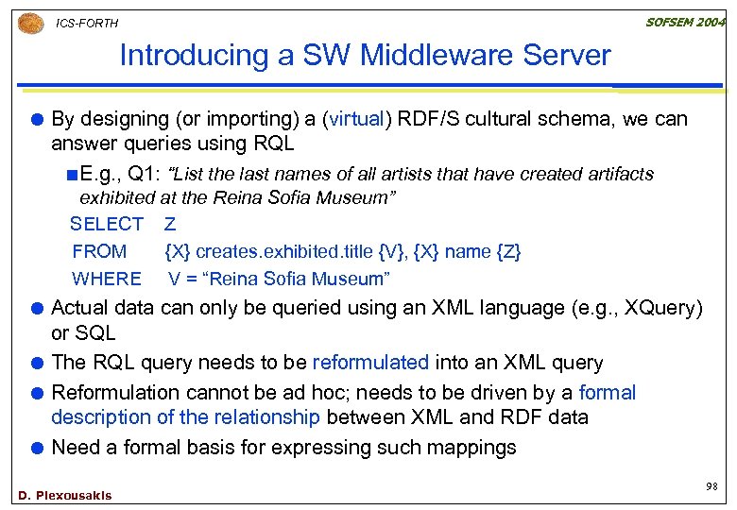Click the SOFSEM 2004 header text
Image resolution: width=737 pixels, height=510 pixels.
point(685,22)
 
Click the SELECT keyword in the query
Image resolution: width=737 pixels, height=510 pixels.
point(107,225)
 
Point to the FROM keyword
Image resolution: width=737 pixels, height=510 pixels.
point(99,252)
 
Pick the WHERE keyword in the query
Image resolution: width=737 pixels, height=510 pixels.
point(107,280)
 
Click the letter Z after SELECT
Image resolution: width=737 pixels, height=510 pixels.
point(170,225)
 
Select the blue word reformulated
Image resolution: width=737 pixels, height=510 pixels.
point(370,363)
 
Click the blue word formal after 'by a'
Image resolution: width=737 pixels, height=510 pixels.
point(607,392)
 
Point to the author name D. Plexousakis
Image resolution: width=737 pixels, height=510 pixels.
point(64,496)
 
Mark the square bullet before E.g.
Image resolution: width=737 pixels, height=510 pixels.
point(73,175)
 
